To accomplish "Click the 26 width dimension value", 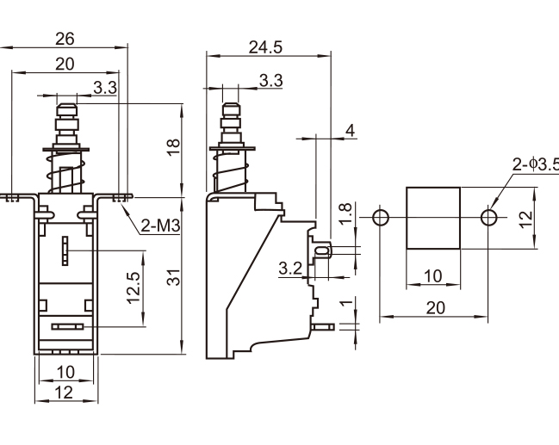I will pos(65,39).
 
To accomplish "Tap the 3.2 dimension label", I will pos(290,269).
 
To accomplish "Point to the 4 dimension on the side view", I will pos(349,130).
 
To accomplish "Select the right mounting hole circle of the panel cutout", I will pos(488,215).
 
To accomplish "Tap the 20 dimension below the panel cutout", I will pos(436,306).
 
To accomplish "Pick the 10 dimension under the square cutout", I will pos(434,276).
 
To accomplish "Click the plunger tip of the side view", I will pos(229,109).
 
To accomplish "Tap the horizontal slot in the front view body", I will pos(66,327).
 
